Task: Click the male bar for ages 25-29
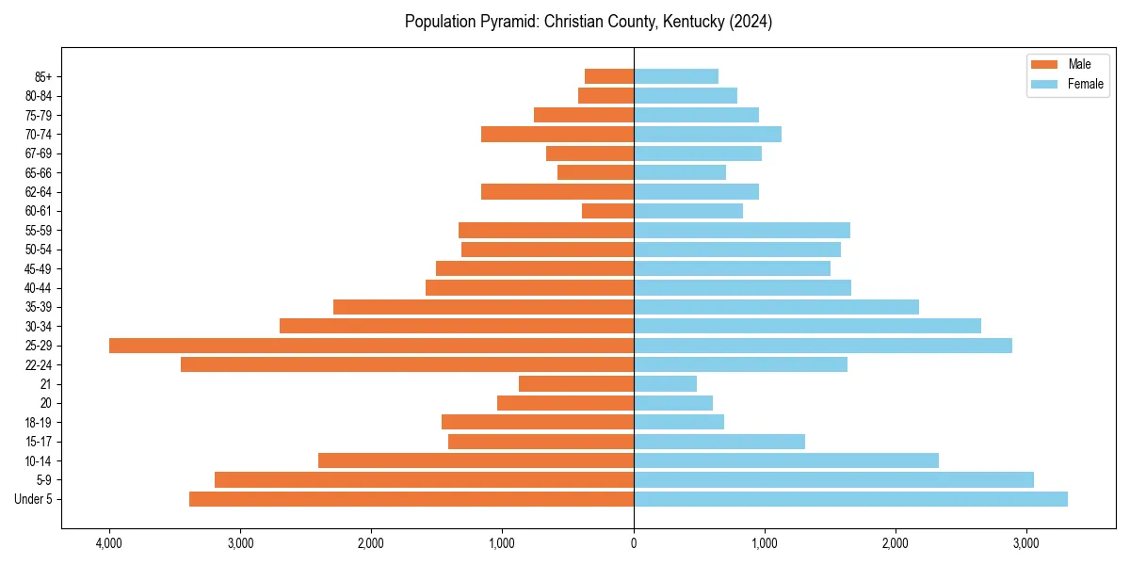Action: (x=371, y=346)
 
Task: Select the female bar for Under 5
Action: (x=850, y=499)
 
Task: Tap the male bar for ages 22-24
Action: (x=407, y=364)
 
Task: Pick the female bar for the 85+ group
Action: (x=676, y=76)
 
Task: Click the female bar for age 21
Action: (x=665, y=384)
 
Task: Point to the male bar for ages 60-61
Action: (x=607, y=211)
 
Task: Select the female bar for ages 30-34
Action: (x=807, y=326)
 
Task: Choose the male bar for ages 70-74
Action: (x=557, y=135)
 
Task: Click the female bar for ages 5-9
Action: (x=833, y=480)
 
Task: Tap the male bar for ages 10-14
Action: (x=476, y=460)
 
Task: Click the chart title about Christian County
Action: (x=589, y=22)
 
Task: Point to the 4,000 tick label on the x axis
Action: (x=109, y=543)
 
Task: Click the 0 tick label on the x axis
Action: (x=634, y=543)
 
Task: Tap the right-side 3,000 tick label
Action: (x=1026, y=543)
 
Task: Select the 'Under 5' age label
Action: (x=34, y=499)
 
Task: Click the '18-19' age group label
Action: (x=39, y=423)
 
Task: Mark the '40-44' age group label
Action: (x=39, y=288)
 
